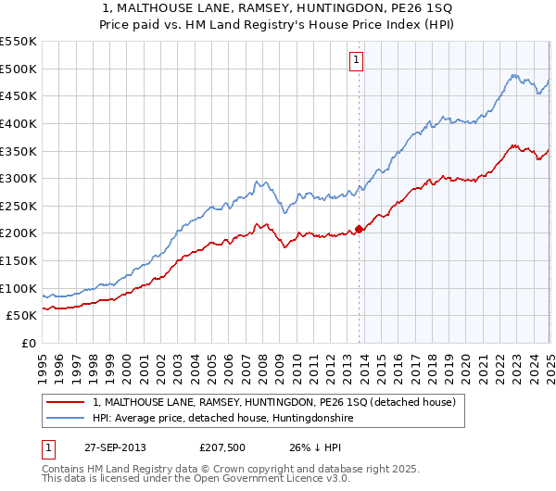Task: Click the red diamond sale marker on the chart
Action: [x=359, y=229]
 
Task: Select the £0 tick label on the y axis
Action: [x=28, y=343]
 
